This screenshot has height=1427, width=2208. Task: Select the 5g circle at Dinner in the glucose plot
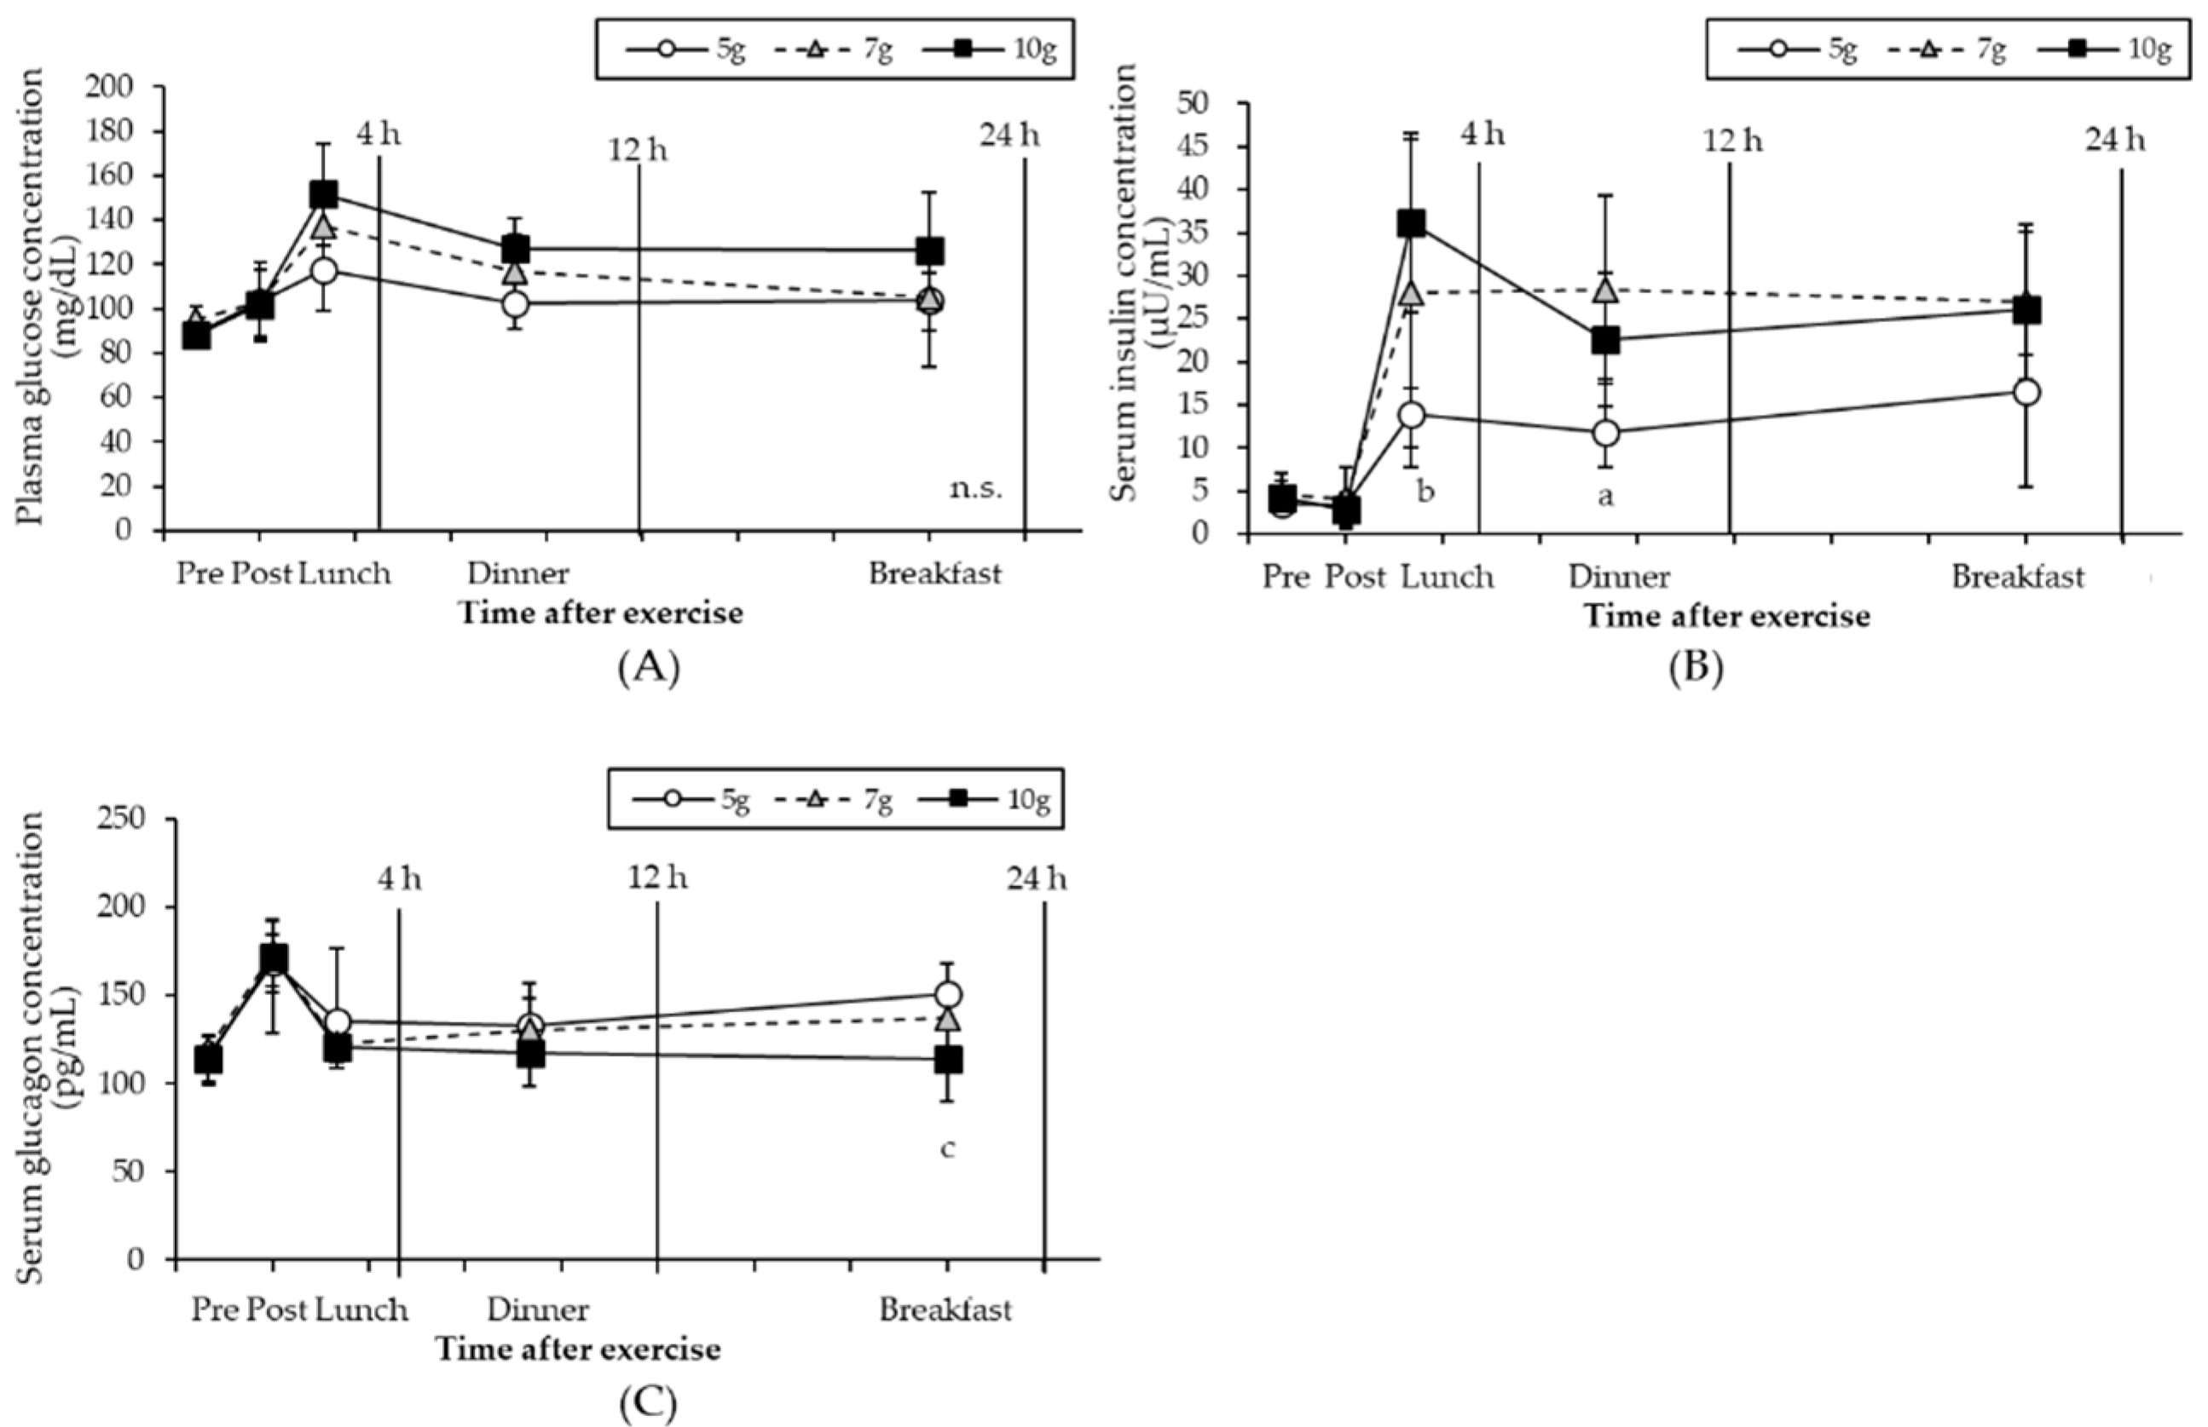pyautogui.click(x=516, y=304)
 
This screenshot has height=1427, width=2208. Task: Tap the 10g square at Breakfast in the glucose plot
pyautogui.click(x=930, y=250)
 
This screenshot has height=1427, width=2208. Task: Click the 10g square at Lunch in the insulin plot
pyautogui.click(x=1411, y=223)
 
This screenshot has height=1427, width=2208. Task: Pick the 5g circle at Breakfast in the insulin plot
pyautogui.click(x=2026, y=392)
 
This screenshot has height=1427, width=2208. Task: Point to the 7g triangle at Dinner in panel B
pyautogui.click(x=1605, y=290)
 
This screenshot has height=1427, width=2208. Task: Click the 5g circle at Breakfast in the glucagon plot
pyautogui.click(x=946, y=994)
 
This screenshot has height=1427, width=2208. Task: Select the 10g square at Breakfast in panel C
pyautogui.click(x=947, y=1059)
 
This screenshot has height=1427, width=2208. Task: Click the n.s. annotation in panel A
pyautogui.click(x=975, y=488)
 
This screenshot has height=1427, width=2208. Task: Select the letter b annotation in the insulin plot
pyautogui.click(x=1425, y=491)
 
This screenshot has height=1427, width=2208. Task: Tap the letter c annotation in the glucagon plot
pyautogui.click(x=946, y=1149)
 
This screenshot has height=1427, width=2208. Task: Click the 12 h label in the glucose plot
pyautogui.click(x=637, y=148)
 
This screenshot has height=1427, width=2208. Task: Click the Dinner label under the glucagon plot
pyautogui.click(x=538, y=1310)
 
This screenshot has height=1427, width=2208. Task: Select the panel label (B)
pyautogui.click(x=1696, y=666)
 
